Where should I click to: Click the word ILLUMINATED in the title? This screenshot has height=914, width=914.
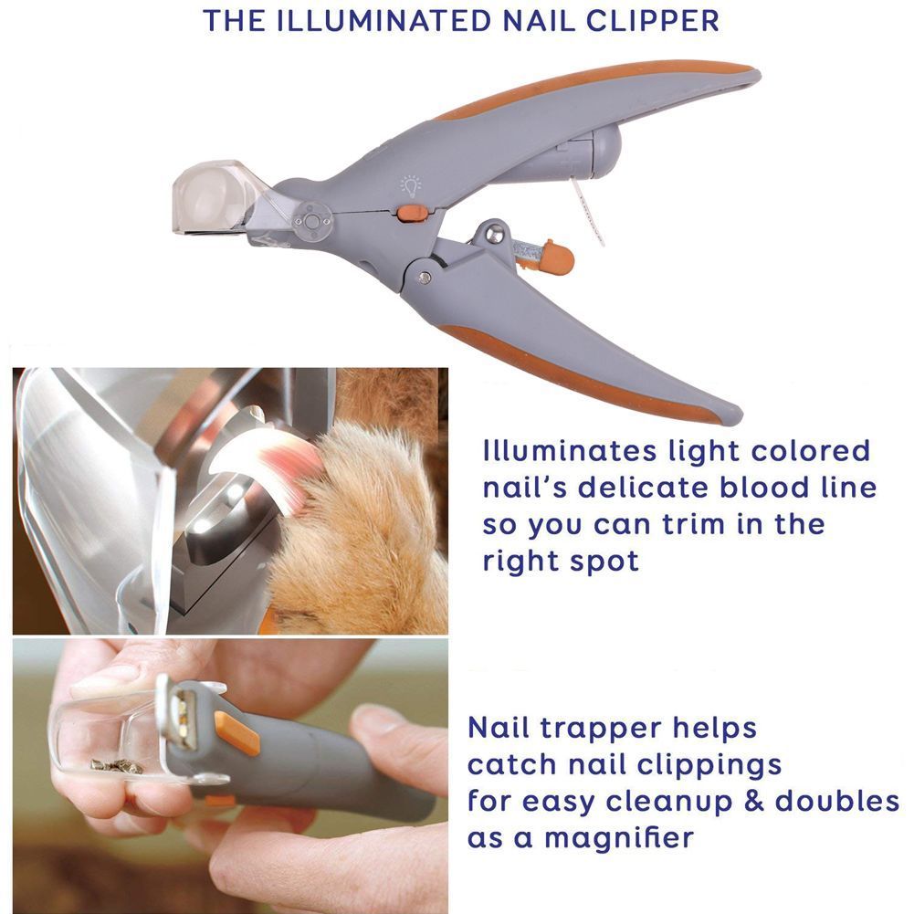pyautogui.click(x=382, y=20)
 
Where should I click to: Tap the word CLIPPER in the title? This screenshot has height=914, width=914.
pyautogui.click(x=652, y=20)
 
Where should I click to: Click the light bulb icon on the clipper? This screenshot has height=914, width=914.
pyautogui.click(x=410, y=185)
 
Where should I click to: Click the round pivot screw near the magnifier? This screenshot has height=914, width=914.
pyautogui.click(x=312, y=222)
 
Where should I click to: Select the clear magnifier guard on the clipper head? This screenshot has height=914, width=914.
pyautogui.click(x=215, y=198)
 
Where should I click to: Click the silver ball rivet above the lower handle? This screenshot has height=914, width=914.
pyautogui.click(x=494, y=233)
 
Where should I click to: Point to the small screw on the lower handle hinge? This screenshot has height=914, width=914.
pyautogui.click(x=425, y=278)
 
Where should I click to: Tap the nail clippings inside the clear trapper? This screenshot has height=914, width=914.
pyautogui.click(x=117, y=765)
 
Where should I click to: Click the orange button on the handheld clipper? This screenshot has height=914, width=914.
pyautogui.click(x=236, y=732)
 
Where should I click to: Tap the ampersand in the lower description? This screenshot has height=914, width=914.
pyautogui.click(x=753, y=801)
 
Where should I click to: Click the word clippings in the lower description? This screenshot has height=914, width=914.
pyautogui.click(x=709, y=766)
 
